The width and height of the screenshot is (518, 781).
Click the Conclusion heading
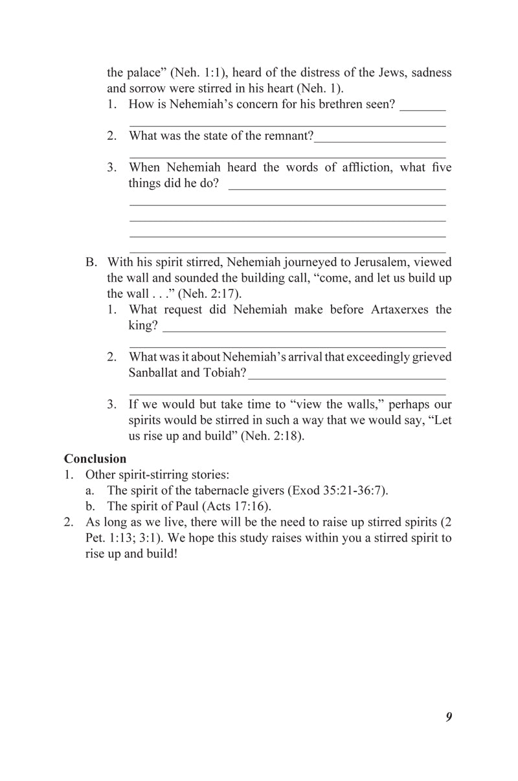95,458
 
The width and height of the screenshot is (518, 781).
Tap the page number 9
448,716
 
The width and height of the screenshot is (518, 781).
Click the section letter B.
91,262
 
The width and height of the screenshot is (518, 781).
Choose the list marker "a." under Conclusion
91,490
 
